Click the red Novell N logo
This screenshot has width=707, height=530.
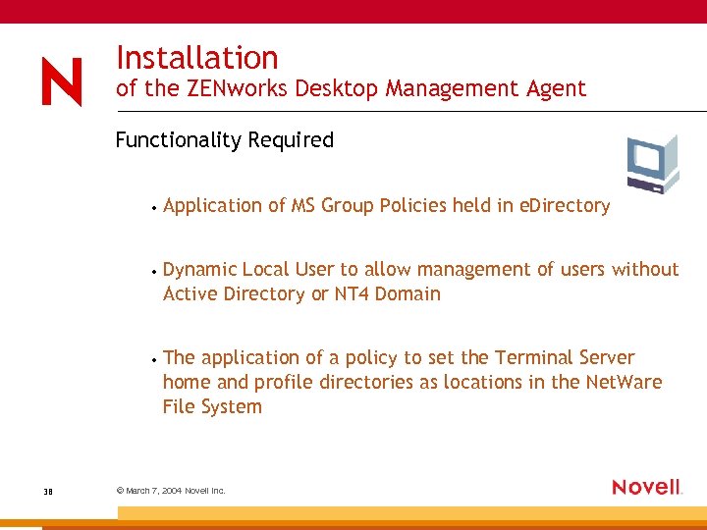tap(62, 81)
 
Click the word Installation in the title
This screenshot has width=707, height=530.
tap(196, 58)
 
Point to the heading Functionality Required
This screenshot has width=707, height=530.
tap(224, 140)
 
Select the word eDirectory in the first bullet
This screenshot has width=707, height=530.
tap(565, 206)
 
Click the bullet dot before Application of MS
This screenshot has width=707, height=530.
tap(155, 208)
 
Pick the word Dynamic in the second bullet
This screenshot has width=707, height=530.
tap(199, 270)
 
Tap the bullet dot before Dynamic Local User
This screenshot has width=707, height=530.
tap(155, 272)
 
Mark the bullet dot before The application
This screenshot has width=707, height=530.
tap(155, 360)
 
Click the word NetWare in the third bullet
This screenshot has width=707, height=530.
tap(624, 382)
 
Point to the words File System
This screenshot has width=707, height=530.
tap(212, 406)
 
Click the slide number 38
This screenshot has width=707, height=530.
tap(48, 490)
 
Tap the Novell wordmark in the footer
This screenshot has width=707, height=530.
tap(646, 487)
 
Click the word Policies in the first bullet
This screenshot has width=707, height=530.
tap(412, 206)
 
